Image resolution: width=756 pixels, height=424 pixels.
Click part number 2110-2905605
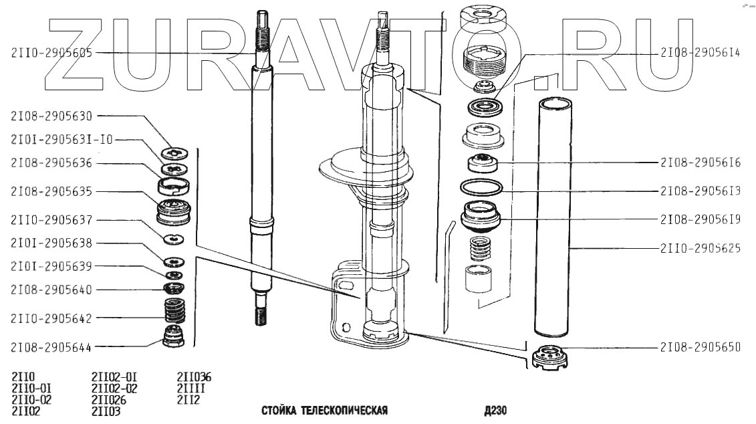point(51,53)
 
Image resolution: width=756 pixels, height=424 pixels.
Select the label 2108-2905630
point(51,116)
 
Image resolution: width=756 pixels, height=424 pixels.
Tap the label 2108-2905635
point(51,191)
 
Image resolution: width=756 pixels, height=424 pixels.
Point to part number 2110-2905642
point(51,318)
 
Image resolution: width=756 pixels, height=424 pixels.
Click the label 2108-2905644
point(51,347)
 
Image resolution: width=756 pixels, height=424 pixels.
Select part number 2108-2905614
point(700,53)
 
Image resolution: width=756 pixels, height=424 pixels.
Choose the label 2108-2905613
point(700,191)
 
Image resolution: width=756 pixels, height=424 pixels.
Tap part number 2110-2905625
point(700,249)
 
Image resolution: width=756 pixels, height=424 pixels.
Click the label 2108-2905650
point(700,347)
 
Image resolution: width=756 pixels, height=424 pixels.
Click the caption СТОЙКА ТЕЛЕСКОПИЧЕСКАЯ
point(324,411)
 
